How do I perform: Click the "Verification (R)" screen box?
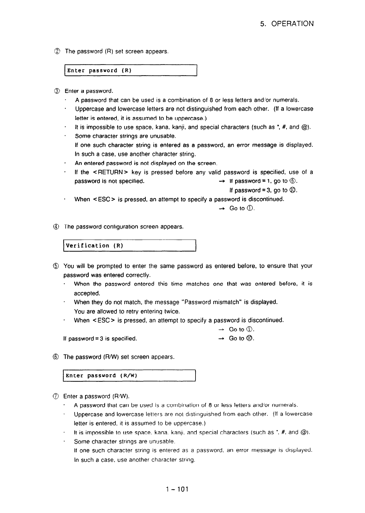pyautogui.click(x=130, y=246)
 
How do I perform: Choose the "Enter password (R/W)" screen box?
pyautogui.click(x=130, y=376)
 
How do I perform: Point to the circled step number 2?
pyautogui.click(x=58, y=51)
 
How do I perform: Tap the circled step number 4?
pyautogui.click(x=58, y=227)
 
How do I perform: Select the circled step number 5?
pyautogui.click(x=58, y=266)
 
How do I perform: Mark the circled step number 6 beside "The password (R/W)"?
pyautogui.click(x=58, y=357)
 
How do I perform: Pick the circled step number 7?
pyautogui.click(x=58, y=396)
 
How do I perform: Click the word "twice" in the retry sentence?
pyautogui.click(x=172, y=311)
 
